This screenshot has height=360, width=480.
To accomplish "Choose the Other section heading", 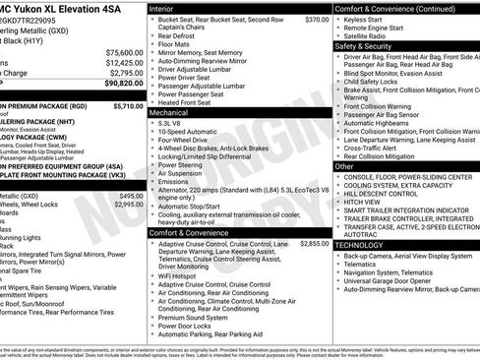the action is point(344,166).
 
